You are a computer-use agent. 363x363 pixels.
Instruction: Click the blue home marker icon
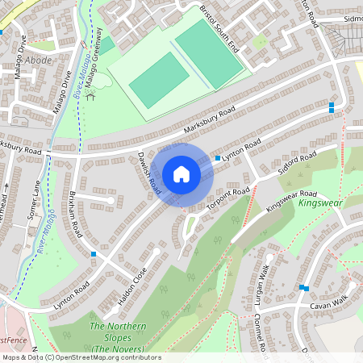click(x=181, y=174)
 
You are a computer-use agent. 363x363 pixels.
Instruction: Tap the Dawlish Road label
click(x=146, y=171)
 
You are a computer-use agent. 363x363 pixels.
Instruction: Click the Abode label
click(x=38, y=60)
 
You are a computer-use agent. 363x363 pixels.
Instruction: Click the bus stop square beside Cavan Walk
click(x=303, y=287)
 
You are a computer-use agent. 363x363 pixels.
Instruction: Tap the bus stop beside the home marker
click(x=218, y=158)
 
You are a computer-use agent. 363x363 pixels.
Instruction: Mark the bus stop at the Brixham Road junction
click(x=94, y=254)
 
